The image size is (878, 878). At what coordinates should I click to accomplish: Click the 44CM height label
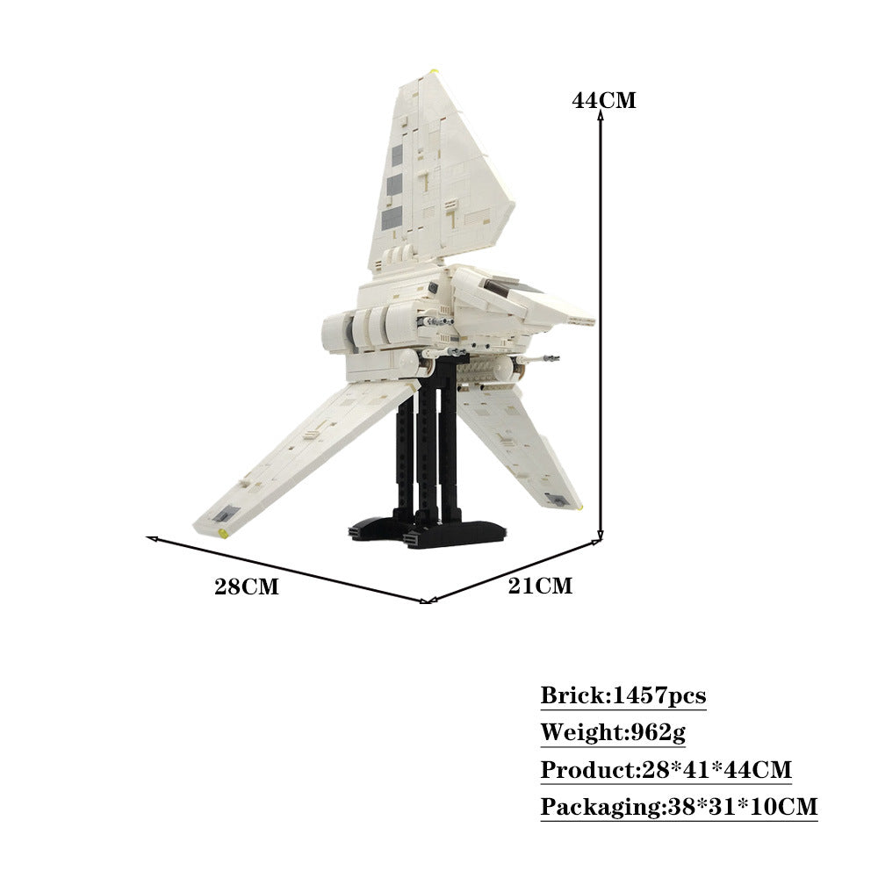[x=604, y=100]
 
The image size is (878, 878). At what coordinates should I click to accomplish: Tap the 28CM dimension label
[x=246, y=587]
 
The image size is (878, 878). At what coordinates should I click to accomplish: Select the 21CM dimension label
[x=540, y=586]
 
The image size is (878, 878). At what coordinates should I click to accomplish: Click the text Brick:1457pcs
[x=623, y=696]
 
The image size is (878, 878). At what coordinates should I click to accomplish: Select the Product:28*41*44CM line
[x=666, y=770]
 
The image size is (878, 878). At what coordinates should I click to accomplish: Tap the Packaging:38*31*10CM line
[x=679, y=806]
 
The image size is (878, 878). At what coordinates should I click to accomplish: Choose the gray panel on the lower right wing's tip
[x=557, y=500]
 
